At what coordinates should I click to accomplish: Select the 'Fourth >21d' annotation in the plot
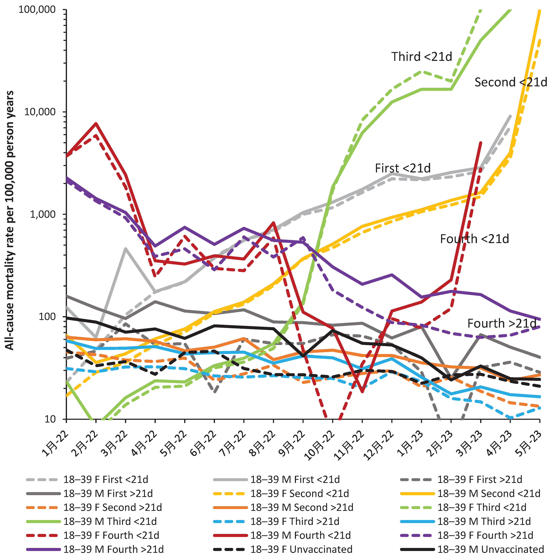(502, 323)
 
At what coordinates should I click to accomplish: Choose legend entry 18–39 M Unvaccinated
(490, 549)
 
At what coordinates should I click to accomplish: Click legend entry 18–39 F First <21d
(105, 479)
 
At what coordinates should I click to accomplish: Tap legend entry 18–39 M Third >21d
(484, 521)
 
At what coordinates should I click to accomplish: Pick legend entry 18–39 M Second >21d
(302, 507)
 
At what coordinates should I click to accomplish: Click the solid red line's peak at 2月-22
(96, 124)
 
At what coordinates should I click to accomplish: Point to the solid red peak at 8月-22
(273, 222)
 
